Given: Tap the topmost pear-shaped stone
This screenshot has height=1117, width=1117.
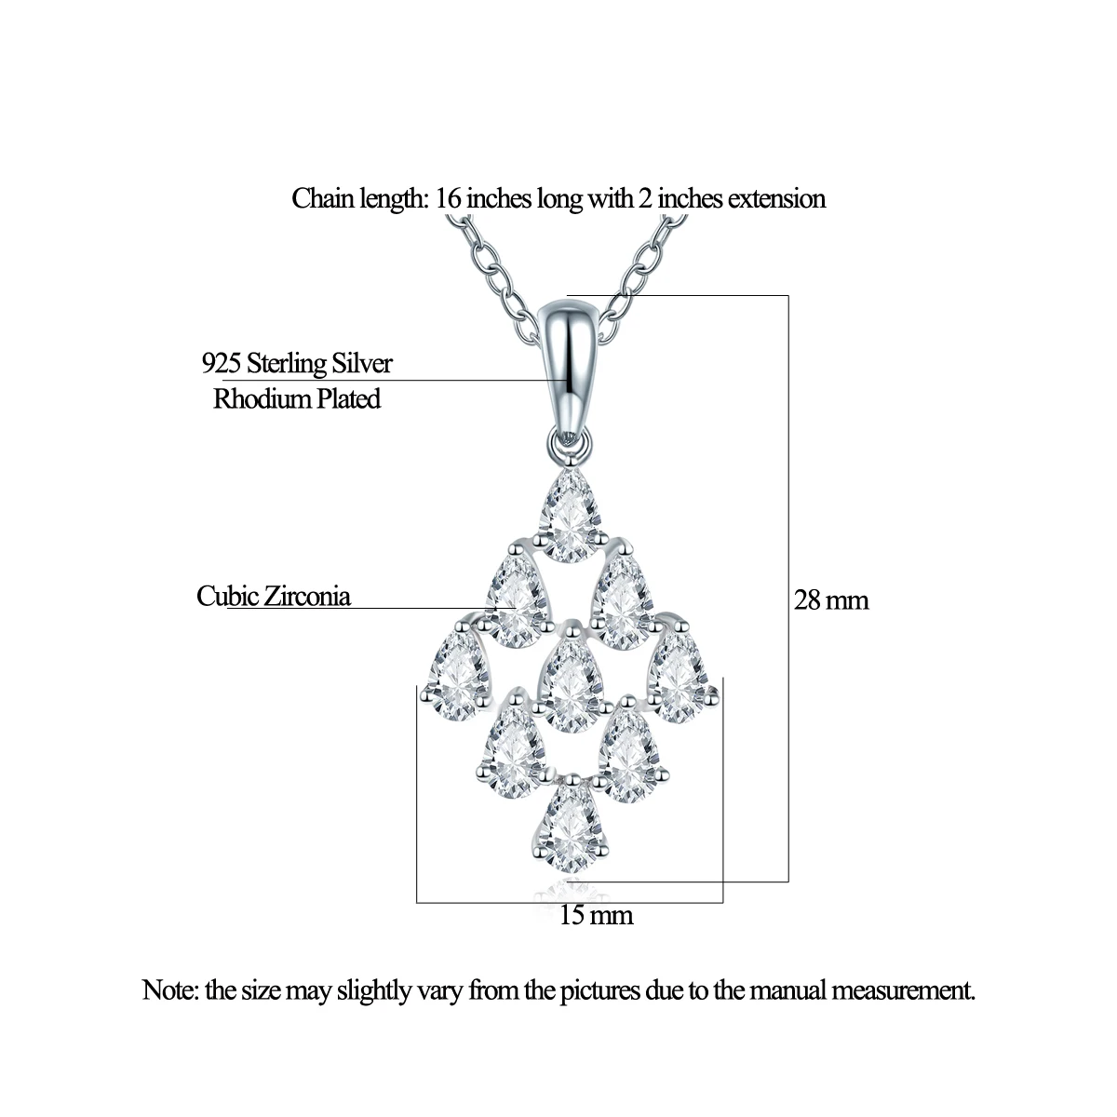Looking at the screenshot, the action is pos(569,518).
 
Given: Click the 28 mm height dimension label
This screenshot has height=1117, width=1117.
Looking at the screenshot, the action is pos(831,600).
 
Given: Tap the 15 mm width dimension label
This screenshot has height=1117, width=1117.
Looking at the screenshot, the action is pos(597,916).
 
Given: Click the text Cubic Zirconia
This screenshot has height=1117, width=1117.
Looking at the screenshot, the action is pos(274,596).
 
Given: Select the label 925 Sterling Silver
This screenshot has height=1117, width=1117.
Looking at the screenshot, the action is pos(297,363).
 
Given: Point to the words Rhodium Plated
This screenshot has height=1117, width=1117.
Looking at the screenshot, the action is pos(297,399).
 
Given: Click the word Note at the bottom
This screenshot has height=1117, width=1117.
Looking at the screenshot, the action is pos(169,989).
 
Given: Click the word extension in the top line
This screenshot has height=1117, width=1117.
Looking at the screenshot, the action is pos(776,198).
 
